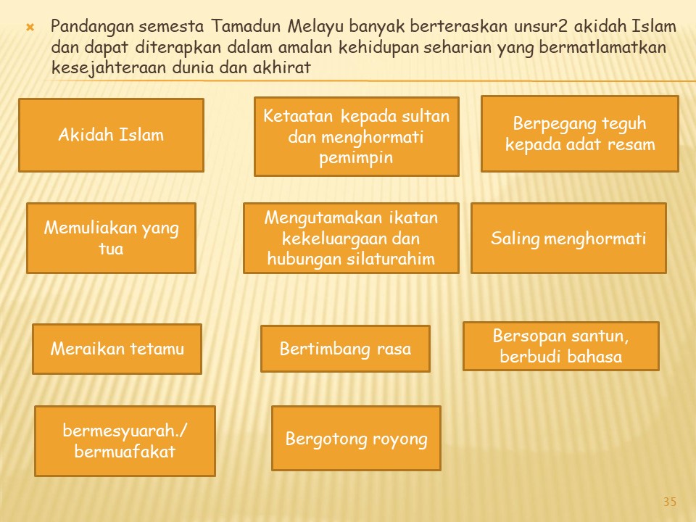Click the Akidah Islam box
tap(111, 135)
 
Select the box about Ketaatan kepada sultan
tap(357, 137)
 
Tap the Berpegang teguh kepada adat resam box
tap(580, 133)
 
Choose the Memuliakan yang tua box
tap(111, 238)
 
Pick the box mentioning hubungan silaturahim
tap(351, 238)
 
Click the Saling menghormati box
tap(568, 238)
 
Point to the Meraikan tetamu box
tap(117, 349)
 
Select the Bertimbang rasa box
tap(345, 349)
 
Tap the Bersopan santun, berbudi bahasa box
tap(561, 347)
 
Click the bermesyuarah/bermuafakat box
tap(125, 441)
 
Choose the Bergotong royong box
tap(357, 438)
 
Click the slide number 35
tap(670, 502)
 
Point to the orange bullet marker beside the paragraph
tap(30, 28)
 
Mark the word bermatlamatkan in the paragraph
tap(602, 47)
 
